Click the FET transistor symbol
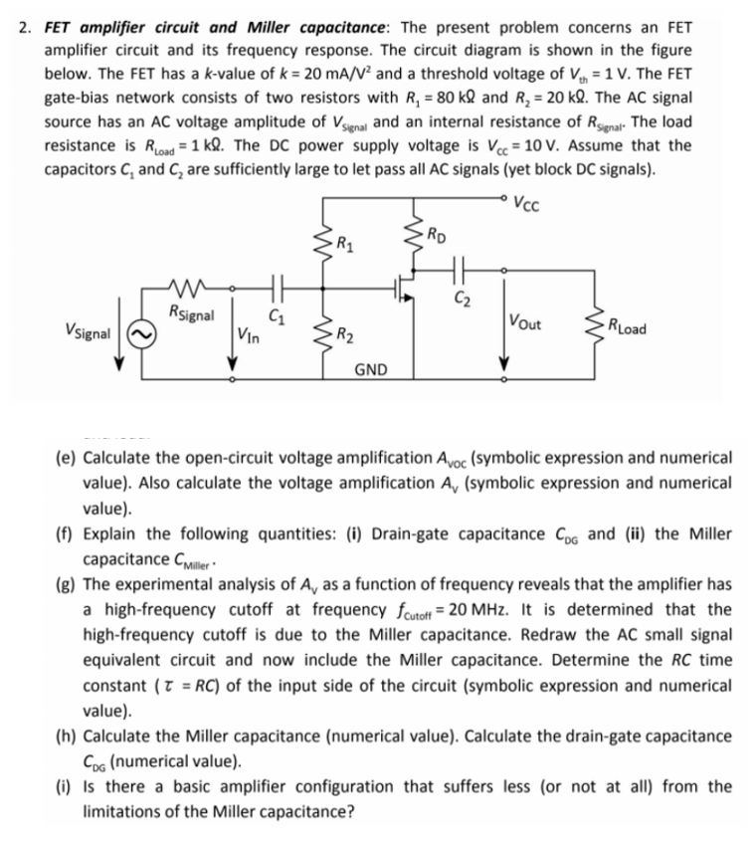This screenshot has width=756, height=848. pos(406,289)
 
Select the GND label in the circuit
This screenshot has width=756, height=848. pos(370,368)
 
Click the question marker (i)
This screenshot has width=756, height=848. pos(59,786)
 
